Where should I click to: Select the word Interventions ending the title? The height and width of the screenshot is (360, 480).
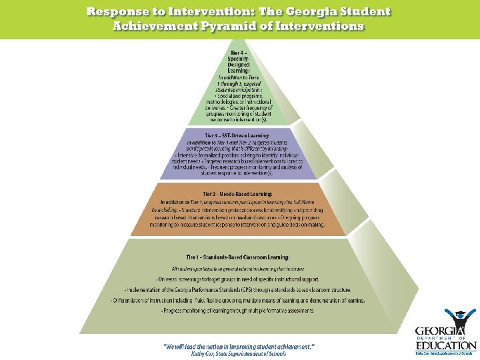[321, 26]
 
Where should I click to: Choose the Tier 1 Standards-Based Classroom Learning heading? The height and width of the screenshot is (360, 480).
[237, 257]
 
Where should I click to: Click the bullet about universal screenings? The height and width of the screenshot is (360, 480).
[237, 278]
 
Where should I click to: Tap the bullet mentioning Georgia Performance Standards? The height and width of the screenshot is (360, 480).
[237, 289]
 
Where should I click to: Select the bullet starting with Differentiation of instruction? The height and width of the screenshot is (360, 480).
[237, 300]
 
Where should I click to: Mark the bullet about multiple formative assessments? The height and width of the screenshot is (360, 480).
[237, 311]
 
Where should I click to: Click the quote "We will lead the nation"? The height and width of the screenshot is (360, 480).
[239, 346]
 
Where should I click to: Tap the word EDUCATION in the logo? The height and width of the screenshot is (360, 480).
[446, 345]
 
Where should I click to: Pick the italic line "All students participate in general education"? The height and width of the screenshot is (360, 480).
[237, 268]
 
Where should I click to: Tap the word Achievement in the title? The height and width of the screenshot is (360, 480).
[156, 26]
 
